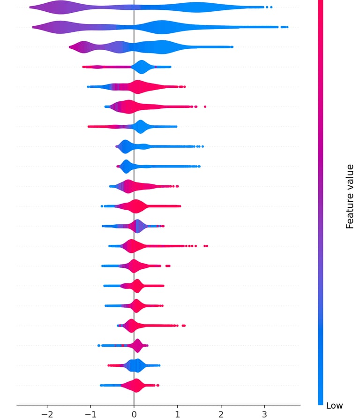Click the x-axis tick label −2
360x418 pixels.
tap(47, 414)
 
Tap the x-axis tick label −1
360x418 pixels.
tap(90, 414)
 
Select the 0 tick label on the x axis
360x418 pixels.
tap(134, 414)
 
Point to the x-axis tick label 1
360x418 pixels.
tap(177, 414)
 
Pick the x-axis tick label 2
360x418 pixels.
tap(221, 414)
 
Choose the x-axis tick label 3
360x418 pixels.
tap(264, 414)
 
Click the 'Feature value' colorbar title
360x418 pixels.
tap(350, 196)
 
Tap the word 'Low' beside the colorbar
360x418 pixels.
tap(334, 406)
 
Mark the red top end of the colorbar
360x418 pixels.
tap(321, 2)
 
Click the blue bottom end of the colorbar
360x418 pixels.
tap(321, 402)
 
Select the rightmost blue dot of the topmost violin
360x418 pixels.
tap(271, 7)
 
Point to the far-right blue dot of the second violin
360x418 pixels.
tap(287, 27)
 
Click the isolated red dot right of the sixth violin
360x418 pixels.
tap(205, 106)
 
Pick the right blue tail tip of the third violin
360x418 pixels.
tap(232, 47)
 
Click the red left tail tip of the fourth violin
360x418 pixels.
tap(84, 67)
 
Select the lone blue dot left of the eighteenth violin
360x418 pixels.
tap(98, 346)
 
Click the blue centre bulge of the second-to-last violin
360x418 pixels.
tap(137, 365)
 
